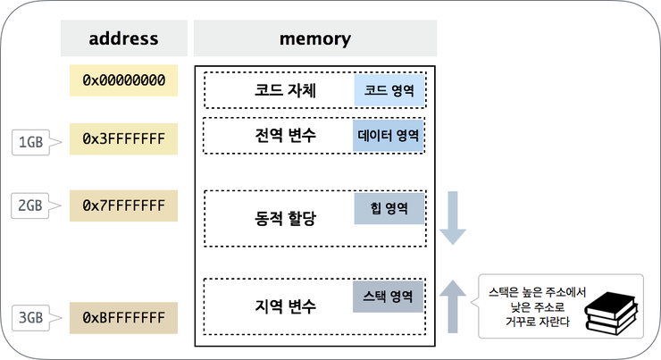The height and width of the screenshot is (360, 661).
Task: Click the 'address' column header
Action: tap(123, 39)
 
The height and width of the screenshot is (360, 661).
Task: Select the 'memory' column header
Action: tap(314, 39)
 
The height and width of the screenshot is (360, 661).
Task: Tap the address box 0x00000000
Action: tap(123, 80)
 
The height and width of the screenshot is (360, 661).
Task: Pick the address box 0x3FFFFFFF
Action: tap(123, 139)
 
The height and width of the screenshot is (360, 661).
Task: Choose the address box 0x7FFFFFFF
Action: tap(123, 206)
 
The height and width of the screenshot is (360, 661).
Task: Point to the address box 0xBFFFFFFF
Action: tap(123, 317)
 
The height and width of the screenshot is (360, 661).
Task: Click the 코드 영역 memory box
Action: tap(388, 90)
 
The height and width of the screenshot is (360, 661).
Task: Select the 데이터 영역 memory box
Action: tap(388, 138)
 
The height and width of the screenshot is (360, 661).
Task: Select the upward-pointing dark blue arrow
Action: tap(453, 304)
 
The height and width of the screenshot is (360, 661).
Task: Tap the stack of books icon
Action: tap(612, 312)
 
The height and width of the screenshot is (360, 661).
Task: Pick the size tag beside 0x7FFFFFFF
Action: tap(31, 206)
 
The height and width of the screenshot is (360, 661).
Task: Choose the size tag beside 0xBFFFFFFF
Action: tap(31, 317)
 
